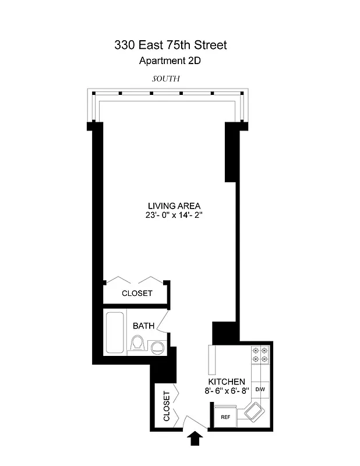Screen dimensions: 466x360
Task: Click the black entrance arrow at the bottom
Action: pyautogui.click(x=196, y=438)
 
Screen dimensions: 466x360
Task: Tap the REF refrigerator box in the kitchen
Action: pyautogui.click(x=225, y=416)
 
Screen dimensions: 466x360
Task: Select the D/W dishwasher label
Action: pyautogui.click(x=260, y=389)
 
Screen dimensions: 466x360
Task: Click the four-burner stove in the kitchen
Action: pyautogui.click(x=260, y=355)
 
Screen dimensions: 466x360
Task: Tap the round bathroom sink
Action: pyautogui.click(x=157, y=348)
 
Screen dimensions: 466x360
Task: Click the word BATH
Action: pyautogui.click(x=143, y=326)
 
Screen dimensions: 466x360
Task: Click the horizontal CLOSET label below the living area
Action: pyautogui.click(x=137, y=293)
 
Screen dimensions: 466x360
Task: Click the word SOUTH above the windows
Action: pyautogui.click(x=166, y=78)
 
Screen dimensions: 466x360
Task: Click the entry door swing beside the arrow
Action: pyautogui.click(x=190, y=421)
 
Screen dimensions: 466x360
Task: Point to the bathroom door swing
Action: pyautogui.click(x=165, y=322)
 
